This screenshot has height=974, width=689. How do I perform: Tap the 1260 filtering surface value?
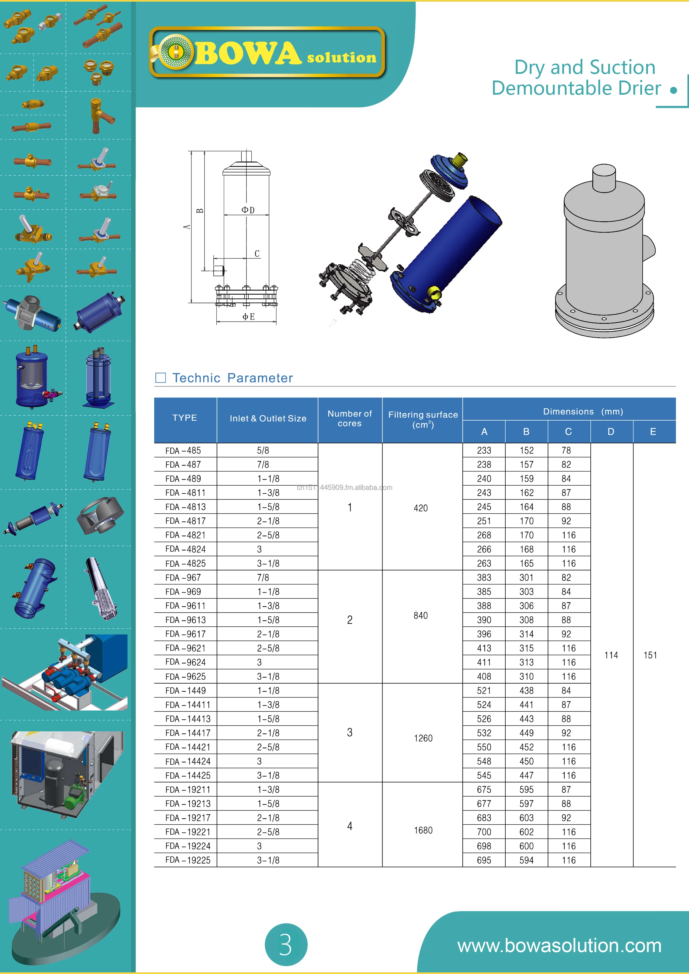[x=423, y=738]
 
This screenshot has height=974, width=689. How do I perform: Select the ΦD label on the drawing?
[x=248, y=210]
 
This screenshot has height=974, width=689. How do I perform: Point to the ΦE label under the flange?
[x=248, y=317]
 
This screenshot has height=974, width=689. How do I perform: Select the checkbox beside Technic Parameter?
[x=161, y=378]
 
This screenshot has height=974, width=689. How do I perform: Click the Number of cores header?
[x=350, y=419]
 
